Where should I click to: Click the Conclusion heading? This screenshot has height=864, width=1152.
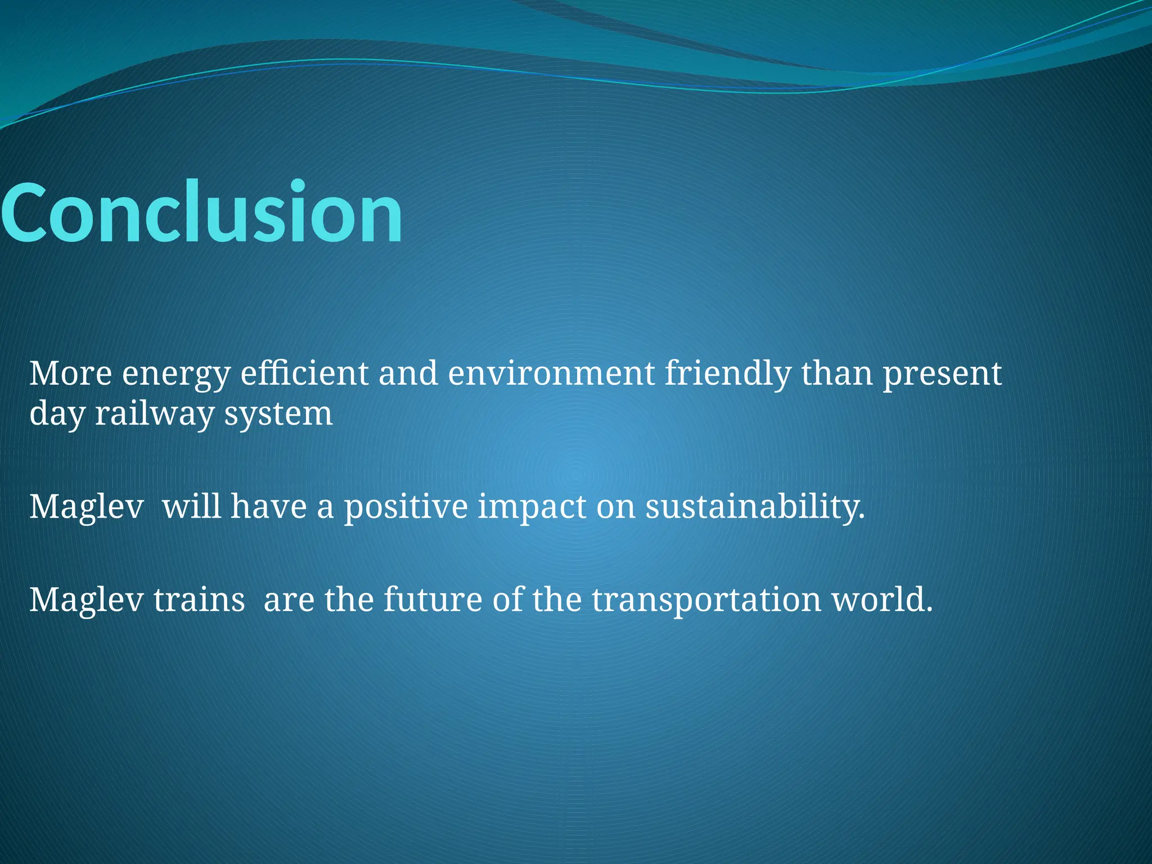point(201,213)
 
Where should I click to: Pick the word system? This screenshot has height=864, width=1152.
point(278,414)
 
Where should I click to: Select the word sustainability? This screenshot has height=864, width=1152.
point(754,506)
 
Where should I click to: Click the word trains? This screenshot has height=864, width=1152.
point(199,600)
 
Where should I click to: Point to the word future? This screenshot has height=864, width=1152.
point(433,600)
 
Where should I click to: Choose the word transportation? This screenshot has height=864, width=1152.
point(706,600)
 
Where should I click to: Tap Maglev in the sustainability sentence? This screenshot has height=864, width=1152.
point(86,506)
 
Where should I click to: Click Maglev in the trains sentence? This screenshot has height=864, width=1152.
point(86,600)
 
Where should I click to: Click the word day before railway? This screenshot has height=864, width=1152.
point(56,414)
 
